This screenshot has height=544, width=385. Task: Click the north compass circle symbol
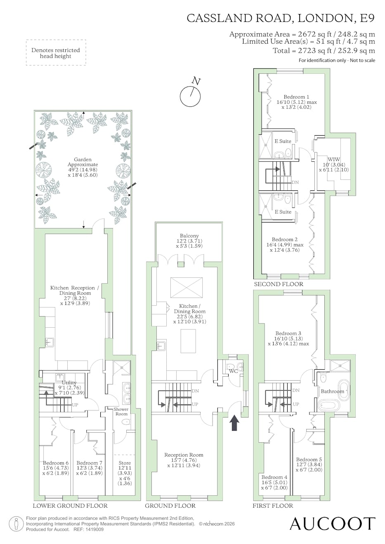click(190, 96)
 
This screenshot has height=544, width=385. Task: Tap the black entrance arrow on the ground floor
click(234, 423)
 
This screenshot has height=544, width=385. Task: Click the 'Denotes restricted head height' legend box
click(56, 53)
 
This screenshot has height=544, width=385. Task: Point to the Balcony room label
click(189, 236)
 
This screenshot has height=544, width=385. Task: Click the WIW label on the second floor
click(334, 159)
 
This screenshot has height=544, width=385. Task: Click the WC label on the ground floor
click(233, 371)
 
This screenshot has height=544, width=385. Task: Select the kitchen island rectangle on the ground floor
click(188, 341)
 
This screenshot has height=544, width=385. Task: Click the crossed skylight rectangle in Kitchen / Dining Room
click(187, 288)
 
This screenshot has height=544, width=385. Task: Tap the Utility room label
click(69, 383)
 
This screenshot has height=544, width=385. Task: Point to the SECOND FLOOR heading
click(279, 284)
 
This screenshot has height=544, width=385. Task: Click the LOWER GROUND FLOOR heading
click(70, 506)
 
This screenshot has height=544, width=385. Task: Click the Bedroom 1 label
click(296, 97)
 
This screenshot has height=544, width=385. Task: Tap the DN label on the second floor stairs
click(295, 182)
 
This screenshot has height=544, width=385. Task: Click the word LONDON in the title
click(326, 19)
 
